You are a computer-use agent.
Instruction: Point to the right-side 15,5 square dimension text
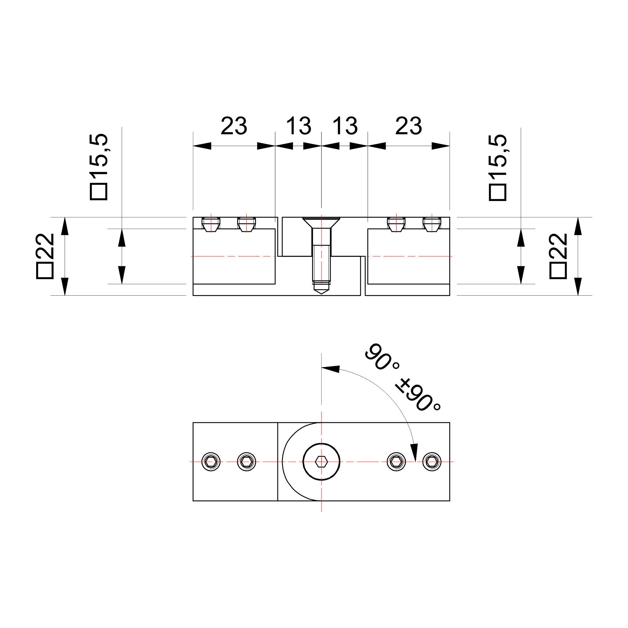pyautogui.click(x=498, y=168)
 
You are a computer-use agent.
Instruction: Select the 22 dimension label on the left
pyautogui.click(x=45, y=256)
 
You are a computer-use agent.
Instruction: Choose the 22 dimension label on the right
pyautogui.click(x=558, y=256)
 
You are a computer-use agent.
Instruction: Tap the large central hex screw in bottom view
pyautogui.click(x=321, y=462)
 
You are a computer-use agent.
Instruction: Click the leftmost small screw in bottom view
pyautogui.click(x=211, y=462)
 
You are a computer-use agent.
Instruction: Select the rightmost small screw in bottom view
pyautogui.click(x=432, y=462)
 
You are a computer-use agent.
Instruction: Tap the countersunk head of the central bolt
pyautogui.click(x=321, y=222)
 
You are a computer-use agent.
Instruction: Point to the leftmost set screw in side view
pyautogui.click(x=211, y=224)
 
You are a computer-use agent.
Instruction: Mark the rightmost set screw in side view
pyautogui.click(x=432, y=224)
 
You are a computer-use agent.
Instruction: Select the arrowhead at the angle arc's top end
pyautogui.click(x=330, y=369)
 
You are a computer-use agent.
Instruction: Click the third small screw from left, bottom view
pyautogui.click(x=396, y=462)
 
